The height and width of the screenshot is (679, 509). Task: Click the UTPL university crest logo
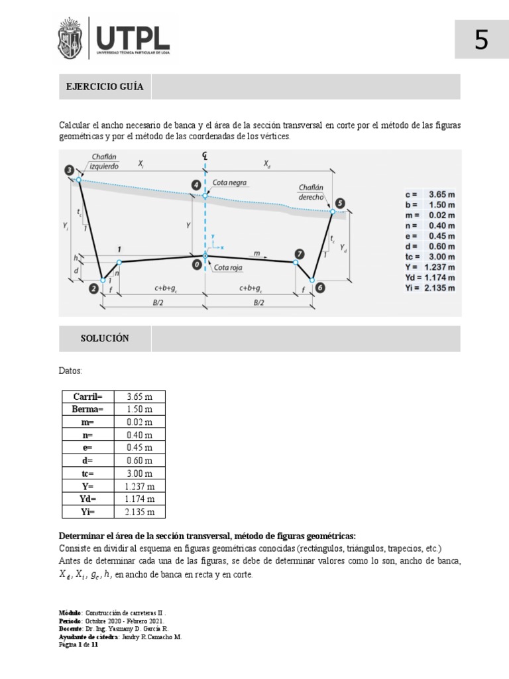(75, 39)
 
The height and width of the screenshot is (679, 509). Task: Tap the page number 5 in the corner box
(481, 40)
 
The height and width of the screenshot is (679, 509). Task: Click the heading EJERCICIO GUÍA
(105, 87)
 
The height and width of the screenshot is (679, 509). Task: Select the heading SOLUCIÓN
(105, 338)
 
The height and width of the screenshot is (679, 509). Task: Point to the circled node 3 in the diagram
(70, 171)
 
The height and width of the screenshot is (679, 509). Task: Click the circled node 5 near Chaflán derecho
(340, 203)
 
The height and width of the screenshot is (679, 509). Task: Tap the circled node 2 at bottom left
(93, 288)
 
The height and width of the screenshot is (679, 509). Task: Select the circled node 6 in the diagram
(320, 288)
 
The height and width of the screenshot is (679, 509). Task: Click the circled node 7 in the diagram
(300, 254)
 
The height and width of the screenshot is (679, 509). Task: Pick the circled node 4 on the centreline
(196, 185)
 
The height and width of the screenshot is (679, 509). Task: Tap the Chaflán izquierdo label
(103, 162)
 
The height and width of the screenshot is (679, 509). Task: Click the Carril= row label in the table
(87, 397)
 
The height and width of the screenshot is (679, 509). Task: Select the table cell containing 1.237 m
(139, 486)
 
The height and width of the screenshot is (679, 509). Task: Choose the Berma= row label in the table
(87, 409)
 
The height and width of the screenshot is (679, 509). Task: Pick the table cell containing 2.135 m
(139, 512)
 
